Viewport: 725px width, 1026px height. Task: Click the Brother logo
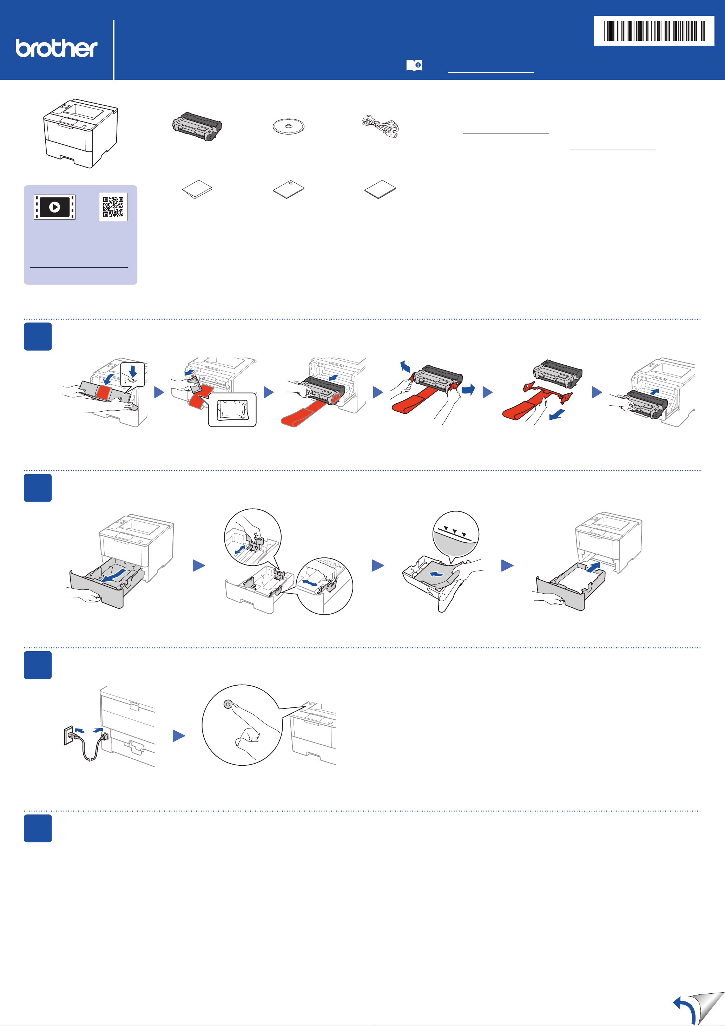pyautogui.click(x=56, y=48)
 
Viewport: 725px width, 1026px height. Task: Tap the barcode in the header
pyautogui.click(x=653, y=31)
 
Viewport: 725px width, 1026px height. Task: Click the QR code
pyautogui.click(x=113, y=207)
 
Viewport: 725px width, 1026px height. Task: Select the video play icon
pyautogui.click(x=54, y=207)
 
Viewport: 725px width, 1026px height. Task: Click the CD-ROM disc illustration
pyautogui.click(x=289, y=126)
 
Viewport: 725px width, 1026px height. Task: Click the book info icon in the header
pyautogui.click(x=414, y=65)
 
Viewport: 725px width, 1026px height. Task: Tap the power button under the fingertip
pyautogui.click(x=228, y=704)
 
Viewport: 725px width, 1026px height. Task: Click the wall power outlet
pyautogui.click(x=69, y=735)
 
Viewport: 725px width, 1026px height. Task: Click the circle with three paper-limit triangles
pyautogui.click(x=456, y=534)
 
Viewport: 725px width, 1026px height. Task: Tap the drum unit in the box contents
pyautogui.click(x=197, y=127)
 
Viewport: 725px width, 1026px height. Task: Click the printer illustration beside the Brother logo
pyautogui.click(x=80, y=133)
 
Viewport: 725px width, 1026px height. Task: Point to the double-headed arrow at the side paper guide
pyautogui.click(x=310, y=583)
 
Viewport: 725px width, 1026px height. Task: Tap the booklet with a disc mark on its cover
pyautogui.click(x=289, y=189)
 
